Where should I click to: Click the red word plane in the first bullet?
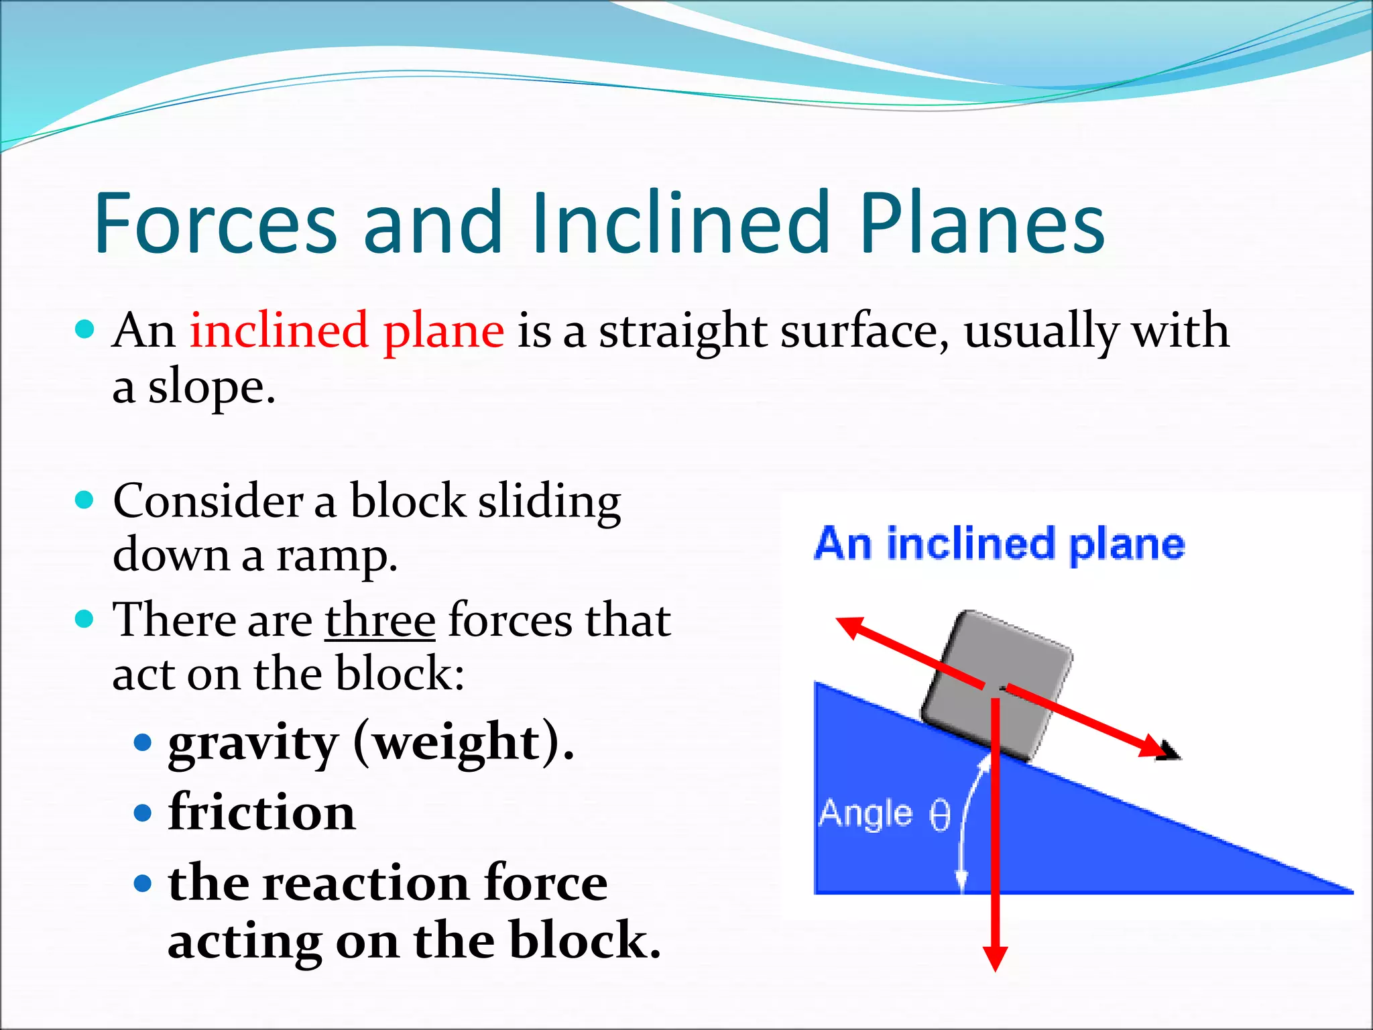[x=443, y=331]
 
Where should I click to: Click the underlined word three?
[x=380, y=620]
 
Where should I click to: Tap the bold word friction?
[x=261, y=813]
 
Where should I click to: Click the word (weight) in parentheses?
[x=463, y=743]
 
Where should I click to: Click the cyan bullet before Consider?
[x=84, y=500]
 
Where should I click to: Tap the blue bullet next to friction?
[x=143, y=813]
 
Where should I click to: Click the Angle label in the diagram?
[x=865, y=814]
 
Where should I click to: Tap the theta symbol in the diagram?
[x=940, y=815]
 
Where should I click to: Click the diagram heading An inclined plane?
[x=999, y=544]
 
